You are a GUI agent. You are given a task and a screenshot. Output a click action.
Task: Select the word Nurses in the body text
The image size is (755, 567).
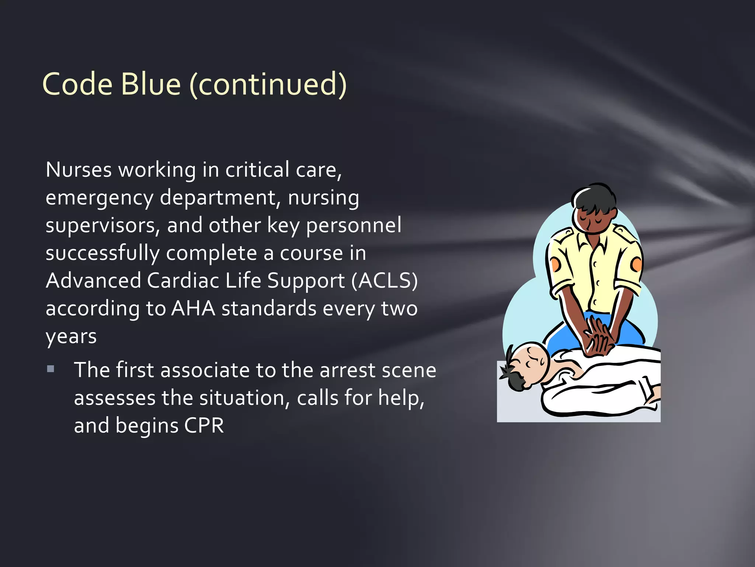(x=79, y=170)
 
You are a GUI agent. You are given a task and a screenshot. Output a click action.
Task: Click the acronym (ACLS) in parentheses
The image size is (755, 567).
(x=384, y=281)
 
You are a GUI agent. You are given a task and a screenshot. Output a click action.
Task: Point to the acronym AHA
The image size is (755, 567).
(x=193, y=308)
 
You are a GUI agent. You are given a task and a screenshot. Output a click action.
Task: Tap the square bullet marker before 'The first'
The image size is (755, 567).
(x=51, y=369)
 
